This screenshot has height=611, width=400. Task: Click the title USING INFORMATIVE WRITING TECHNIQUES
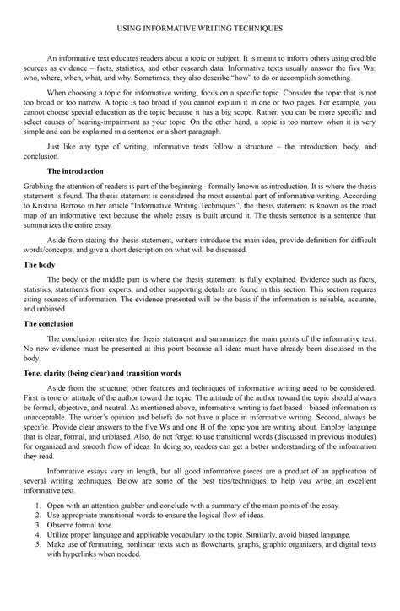[x=200, y=28]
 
